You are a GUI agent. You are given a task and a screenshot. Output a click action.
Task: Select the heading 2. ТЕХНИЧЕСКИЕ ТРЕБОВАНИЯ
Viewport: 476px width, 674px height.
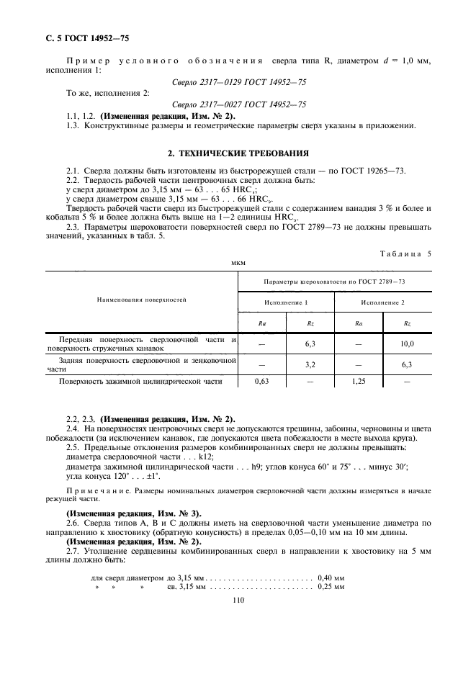pyautogui.click(x=238, y=153)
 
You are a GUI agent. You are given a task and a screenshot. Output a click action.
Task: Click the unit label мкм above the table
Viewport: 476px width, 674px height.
pyautogui.click(x=238, y=264)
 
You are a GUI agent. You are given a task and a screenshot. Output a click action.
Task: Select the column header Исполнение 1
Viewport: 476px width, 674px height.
pyautogui.click(x=286, y=302)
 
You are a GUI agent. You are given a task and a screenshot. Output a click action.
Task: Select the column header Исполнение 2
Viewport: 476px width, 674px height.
pyautogui.click(x=382, y=302)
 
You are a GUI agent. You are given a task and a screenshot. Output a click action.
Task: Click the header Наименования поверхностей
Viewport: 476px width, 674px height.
pyautogui.click(x=142, y=297)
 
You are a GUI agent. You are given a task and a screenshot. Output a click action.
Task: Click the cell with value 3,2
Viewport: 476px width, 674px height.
pyautogui.click(x=310, y=365)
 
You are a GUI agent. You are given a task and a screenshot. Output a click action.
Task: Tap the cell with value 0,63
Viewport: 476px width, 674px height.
pyautogui.click(x=262, y=382)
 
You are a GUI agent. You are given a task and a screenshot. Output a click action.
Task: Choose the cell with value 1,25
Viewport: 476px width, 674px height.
pyautogui.click(x=359, y=382)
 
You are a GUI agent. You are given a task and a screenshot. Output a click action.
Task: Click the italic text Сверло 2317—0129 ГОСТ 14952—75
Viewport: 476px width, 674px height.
pyautogui.click(x=239, y=83)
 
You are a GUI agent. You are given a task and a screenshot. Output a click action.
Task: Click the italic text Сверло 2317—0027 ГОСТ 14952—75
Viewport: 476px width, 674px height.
pyautogui.click(x=239, y=104)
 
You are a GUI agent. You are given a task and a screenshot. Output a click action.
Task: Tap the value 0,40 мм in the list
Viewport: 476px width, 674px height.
pyautogui.click(x=331, y=578)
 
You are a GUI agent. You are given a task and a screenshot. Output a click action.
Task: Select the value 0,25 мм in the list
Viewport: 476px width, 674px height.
pyautogui.click(x=331, y=587)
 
